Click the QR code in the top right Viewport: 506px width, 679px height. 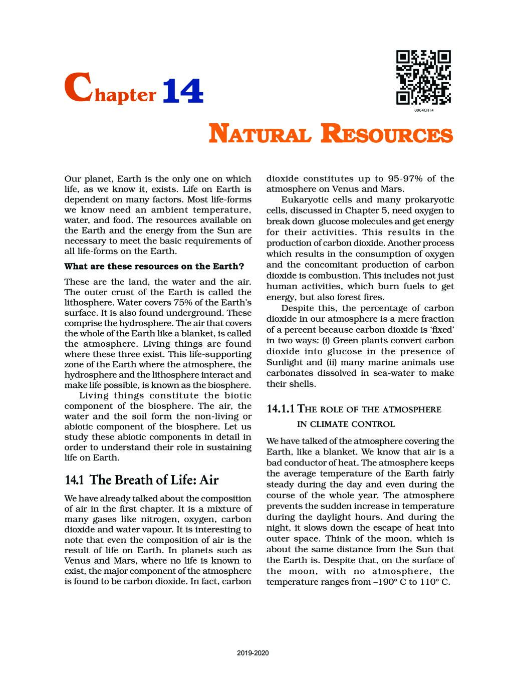pos(423,77)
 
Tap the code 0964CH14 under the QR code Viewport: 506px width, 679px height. pos(423,110)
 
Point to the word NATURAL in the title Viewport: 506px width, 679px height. pos(260,135)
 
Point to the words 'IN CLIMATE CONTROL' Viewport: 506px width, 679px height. pos(346,424)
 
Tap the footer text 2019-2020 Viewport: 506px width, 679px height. pos(253,653)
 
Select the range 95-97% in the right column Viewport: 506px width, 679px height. pos(405,179)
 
